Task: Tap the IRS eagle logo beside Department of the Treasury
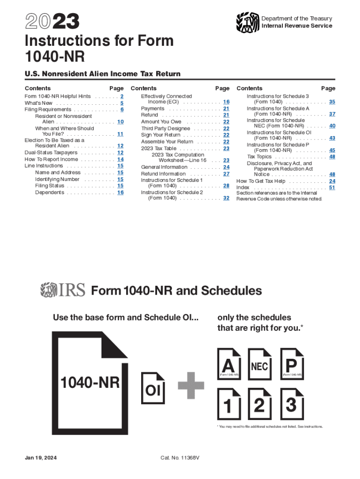(x=247, y=22)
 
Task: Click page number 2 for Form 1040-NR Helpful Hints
(x=122, y=96)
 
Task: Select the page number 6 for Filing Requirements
(x=122, y=109)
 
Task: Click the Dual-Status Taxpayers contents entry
(x=51, y=153)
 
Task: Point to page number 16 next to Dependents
(x=120, y=192)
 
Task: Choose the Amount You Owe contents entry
(x=161, y=122)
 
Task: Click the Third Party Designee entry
(x=165, y=128)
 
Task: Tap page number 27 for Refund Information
(x=226, y=174)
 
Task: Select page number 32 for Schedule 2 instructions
(x=226, y=198)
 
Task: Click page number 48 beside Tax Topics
(x=332, y=157)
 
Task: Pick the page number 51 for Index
(x=332, y=188)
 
